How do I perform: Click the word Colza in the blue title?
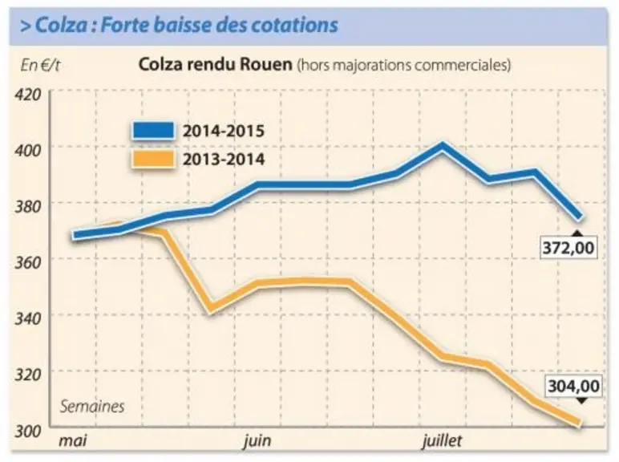(61, 26)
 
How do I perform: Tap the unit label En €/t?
(40, 65)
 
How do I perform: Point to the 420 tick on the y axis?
(28, 95)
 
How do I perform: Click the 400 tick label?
(28, 151)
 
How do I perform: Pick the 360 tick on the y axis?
(28, 262)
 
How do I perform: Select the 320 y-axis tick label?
(28, 375)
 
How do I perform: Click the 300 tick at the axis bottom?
(28, 431)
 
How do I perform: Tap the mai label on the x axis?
(73, 440)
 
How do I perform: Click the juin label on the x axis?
(257, 440)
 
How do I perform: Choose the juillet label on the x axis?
(442, 440)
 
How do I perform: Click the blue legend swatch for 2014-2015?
(153, 130)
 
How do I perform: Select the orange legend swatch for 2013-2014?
(153, 159)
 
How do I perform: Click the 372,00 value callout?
(568, 248)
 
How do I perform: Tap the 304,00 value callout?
(574, 386)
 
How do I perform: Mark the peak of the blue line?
(443, 146)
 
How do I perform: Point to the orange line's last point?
(580, 423)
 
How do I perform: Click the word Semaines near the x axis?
(92, 407)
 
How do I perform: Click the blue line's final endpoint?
(580, 217)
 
